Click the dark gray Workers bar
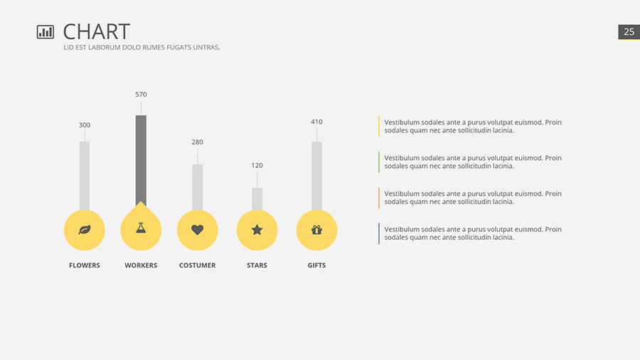[x=141, y=160]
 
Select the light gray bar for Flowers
[x=85, y=176]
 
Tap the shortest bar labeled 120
[x=257, y=199]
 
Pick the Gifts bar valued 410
[x=316, y=176]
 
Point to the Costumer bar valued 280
[x=197, y=187]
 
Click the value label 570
[x=141, y=94]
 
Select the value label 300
[x=85, y=125]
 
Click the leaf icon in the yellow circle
[x=85, y=230]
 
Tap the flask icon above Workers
[x=141, y=229]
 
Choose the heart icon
[x=197, y=230]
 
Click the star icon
[x=257, y=230]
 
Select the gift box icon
[x=316, y=230]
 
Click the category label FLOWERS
[x=85, y=265]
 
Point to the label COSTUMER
[x=197, y=265]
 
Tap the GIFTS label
[x=316, y=265]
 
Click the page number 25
[x=629, y=32]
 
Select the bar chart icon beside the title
[x=46, y=31]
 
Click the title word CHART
[x=97, y=31]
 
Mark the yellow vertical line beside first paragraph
[x=379, y=126]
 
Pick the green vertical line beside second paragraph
[x=379, y=162]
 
